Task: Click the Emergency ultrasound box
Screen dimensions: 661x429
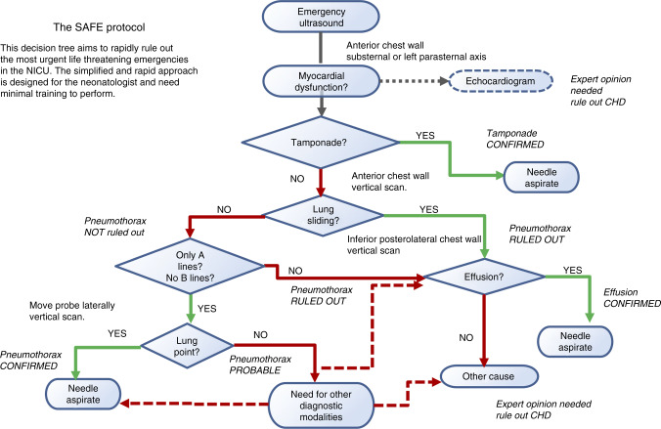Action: point(321,17)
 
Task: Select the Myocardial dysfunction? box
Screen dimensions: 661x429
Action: point(322,81)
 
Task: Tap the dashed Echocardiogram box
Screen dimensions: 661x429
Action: point(501,81)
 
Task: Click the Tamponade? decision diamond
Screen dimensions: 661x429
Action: point(321,143)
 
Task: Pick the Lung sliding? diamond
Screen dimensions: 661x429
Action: point(324,215)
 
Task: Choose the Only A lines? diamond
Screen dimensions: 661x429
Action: point(190,267)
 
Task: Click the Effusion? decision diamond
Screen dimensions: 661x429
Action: point(484,277)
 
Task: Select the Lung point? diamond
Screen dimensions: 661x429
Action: point(187,346)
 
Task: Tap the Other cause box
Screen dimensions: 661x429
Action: point(489,376)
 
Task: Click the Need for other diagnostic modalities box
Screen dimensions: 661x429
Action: point(322,406)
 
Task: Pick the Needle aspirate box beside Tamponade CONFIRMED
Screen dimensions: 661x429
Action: point(542,178)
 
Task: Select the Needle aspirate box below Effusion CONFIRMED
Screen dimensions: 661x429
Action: point(575,341)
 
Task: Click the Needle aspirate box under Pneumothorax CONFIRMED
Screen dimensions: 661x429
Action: point(83,394)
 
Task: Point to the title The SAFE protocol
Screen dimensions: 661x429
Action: point(99,27)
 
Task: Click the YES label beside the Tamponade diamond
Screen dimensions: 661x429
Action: point(425,135)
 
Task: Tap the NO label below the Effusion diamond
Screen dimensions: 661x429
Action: point(466,337)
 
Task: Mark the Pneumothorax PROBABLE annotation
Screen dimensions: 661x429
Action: point(260,365)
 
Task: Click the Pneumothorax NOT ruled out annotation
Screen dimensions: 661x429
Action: point(115,227)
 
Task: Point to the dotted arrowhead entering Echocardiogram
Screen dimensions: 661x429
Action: point(444,81)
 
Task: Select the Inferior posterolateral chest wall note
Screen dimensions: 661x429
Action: point(414,245)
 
